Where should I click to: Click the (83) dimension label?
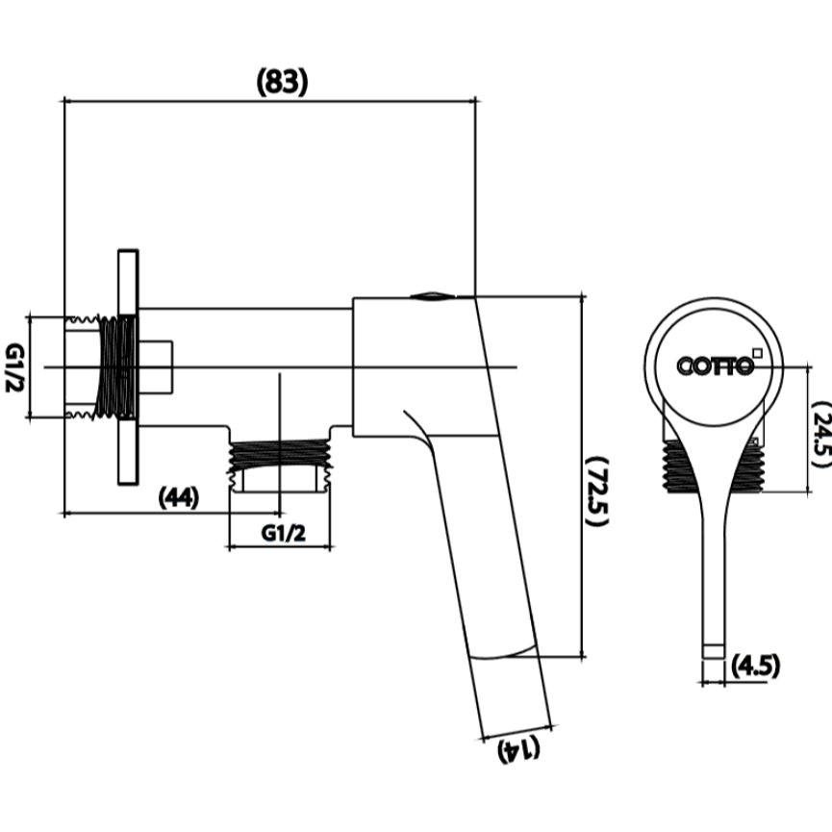282,83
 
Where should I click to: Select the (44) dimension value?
179,497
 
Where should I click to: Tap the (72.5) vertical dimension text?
596,490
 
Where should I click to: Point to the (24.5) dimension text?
820,435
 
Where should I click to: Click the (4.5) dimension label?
756,666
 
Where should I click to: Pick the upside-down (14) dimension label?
518,749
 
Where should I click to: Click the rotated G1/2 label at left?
14,367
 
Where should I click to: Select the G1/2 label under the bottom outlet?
284,533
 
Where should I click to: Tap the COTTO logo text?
715,366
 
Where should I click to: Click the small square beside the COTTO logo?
758,352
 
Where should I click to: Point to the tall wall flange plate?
128,366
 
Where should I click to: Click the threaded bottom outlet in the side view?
280,458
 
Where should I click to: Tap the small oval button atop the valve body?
433,296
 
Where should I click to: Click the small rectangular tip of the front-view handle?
713,651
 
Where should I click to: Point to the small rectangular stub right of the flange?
156,367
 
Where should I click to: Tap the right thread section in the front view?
747,466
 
